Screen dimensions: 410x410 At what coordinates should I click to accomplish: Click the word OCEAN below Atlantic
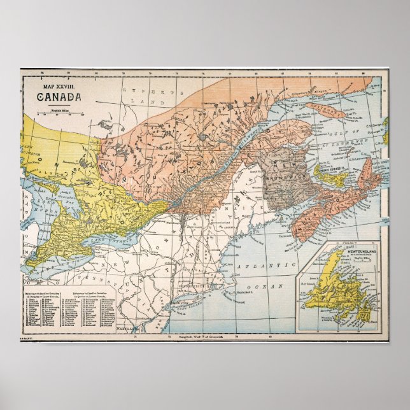(269, 288)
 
